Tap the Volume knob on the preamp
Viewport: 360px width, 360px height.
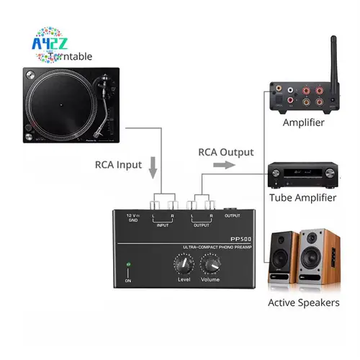point(210,266)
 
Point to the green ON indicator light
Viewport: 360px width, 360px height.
point(127,265)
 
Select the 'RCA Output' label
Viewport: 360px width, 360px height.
point(226,152)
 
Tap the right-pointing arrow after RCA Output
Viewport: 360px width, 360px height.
point(225,165)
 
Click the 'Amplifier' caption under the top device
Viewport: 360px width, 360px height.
point(303,122)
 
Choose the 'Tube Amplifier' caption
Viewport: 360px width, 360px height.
point(302,197)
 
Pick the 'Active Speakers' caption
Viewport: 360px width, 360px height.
point(303,302)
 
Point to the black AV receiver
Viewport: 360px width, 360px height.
point(302,175)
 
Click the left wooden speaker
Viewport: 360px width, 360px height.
point(282,259)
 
